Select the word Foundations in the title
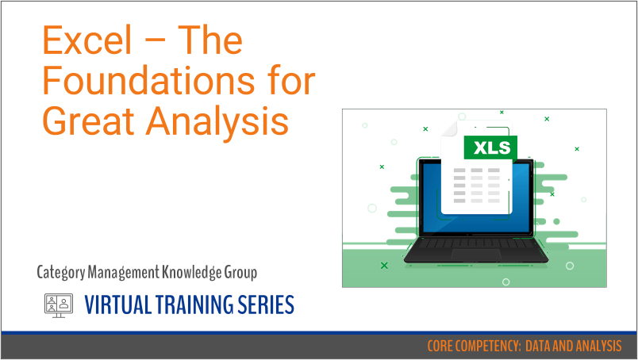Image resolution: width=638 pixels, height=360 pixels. coord(178,82)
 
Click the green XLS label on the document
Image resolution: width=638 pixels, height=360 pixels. coord(490,147)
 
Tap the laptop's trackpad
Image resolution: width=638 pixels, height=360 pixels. coord(475,255)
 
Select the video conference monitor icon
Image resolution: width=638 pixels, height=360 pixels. coord(57,304)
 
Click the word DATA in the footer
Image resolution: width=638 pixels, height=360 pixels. coord(542,347)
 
